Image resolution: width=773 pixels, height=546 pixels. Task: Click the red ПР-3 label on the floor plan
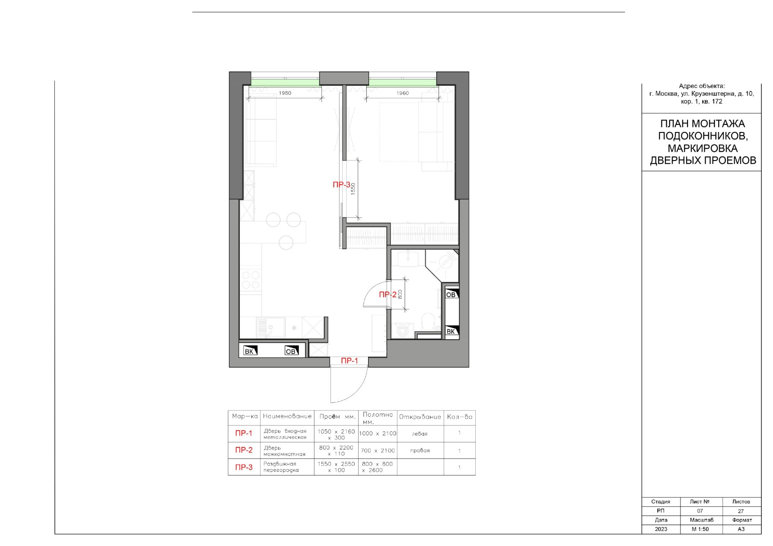click(342, 185)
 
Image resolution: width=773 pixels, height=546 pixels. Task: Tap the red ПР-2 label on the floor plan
click(388, 294)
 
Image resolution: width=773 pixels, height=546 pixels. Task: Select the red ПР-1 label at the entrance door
click(349, 361)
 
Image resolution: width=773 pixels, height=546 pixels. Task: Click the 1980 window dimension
click(285, 93)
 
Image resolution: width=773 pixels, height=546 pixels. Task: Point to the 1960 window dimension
click(402, 93)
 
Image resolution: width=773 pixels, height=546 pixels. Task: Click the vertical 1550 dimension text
click(353, 189)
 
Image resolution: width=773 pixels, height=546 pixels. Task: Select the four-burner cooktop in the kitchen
click(250, 280)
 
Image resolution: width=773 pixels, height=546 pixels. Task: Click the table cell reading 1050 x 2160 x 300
click(336, 434)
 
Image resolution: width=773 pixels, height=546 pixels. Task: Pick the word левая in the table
click(420, 434)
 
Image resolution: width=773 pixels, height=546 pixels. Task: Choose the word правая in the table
click(420, 450)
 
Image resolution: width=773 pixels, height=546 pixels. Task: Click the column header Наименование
click(287, 416)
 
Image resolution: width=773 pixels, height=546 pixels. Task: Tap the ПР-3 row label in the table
click(244, 467)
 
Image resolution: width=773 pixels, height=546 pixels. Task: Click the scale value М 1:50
click(700, 529)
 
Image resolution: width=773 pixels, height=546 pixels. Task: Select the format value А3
click(741, 529)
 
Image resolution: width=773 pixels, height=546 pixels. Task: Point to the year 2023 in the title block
click(661, 529)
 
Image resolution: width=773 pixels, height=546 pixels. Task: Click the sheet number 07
click(700, 511)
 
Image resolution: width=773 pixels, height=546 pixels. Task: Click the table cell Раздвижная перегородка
click(281, 467)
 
